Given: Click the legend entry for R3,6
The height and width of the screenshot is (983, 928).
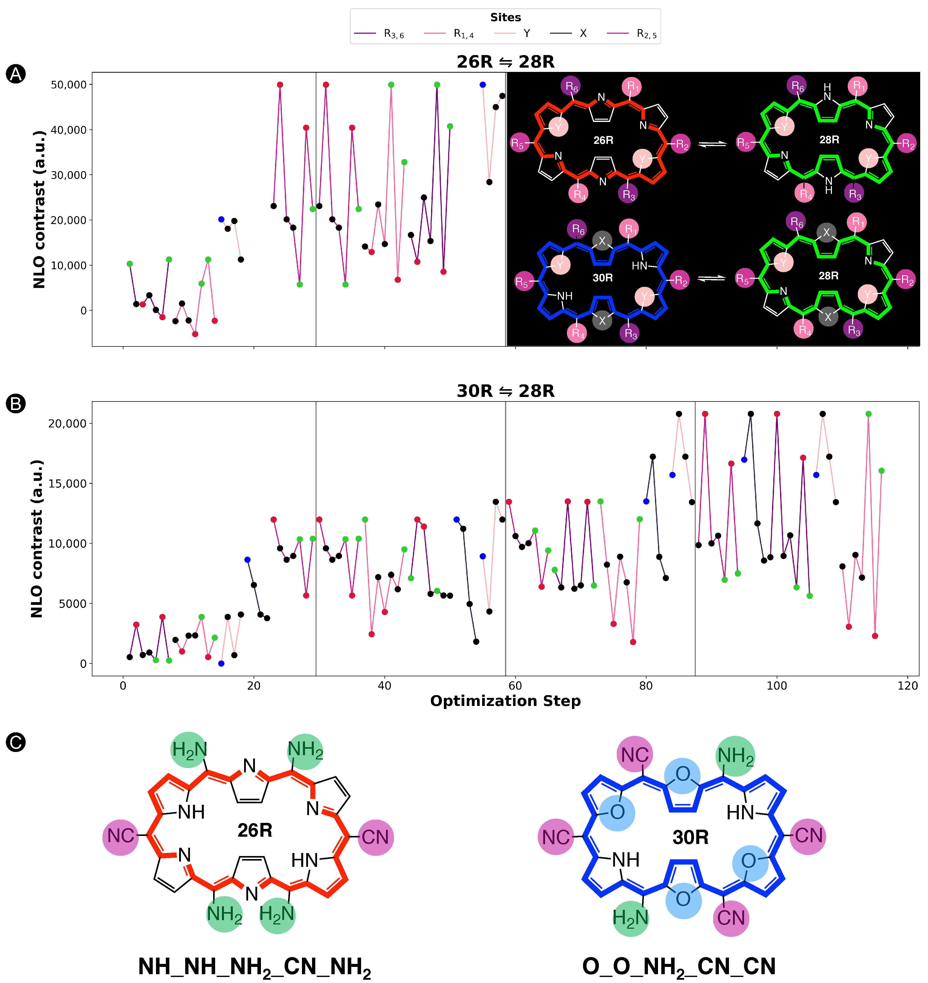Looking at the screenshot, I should (x=379, y=34).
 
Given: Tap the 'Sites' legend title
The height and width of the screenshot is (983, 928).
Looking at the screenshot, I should (x=505, y=17).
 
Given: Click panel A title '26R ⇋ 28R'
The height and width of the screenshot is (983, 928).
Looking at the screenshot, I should (x=505, y=62).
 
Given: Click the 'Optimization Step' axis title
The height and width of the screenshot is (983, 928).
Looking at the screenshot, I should (x=505, y=701).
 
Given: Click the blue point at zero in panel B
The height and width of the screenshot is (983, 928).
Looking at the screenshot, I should (x=221, y=663).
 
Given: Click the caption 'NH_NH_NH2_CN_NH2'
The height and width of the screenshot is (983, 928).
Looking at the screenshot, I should (x=254, y=966).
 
